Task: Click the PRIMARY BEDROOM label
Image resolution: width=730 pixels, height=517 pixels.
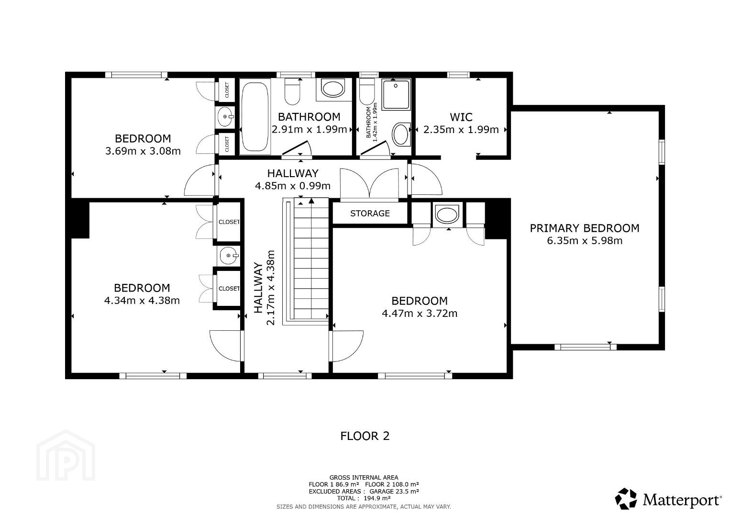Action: (x=584, y=228)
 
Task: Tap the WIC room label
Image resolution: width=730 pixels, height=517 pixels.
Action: (x=461, y=117)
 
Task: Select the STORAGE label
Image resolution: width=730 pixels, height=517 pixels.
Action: (x=370, y=214)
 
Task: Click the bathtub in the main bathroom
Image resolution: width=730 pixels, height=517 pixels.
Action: (x=255, y=116)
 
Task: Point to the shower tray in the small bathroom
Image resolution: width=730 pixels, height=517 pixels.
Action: (x=396, y=95)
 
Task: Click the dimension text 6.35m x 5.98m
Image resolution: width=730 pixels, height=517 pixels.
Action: (x=585, y=241)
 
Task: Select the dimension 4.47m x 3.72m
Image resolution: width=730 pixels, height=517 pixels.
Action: (x=420, y=314)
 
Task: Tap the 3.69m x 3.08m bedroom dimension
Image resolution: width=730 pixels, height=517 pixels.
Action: (x=143, y=151)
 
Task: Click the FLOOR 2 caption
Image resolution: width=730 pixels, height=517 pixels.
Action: (x=365, y=436)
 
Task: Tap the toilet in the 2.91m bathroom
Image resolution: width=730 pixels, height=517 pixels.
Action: (x=292, y=91)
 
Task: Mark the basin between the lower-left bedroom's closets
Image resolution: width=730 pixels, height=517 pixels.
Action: (x=228, y=256)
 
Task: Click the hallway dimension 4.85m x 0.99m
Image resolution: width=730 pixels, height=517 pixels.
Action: (x=293, y=186)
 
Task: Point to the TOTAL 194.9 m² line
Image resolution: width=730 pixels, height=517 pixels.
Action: (x=364, y=498)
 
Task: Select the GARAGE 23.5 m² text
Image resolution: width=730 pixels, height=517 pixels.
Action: (x=394, y=491)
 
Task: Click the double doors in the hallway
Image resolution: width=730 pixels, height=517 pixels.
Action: (x=369, y=184)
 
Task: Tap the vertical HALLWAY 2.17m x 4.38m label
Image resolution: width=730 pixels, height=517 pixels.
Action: (x=264, y=287)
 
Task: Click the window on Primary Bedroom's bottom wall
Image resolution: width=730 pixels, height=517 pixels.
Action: (x=586, y=347)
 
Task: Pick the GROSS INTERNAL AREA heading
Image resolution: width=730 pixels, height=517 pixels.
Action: (x=364, y=478)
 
